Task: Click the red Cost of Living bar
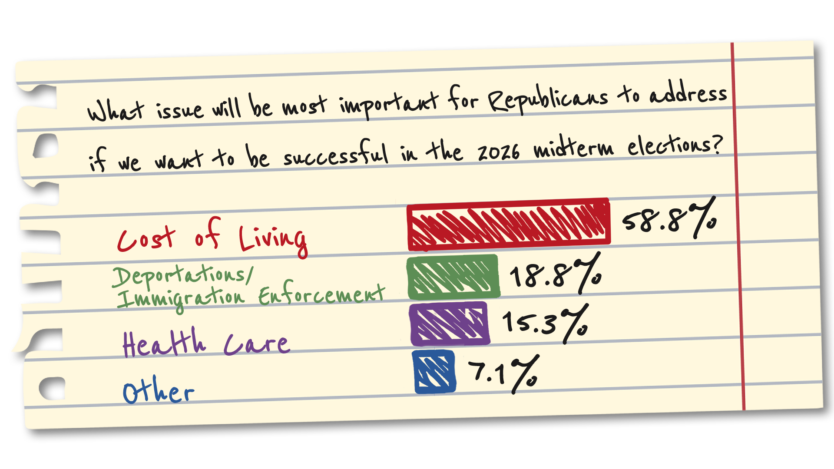(508, 225)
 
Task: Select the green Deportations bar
(453, 277)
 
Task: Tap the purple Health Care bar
(450, 324)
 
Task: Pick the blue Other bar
(434, 372)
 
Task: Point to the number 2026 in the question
(498, 152)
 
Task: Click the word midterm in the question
(573, 148)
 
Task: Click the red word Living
(273, 240)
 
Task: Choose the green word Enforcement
(321, 295)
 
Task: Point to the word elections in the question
(674, 145)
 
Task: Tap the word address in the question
(688, 94)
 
